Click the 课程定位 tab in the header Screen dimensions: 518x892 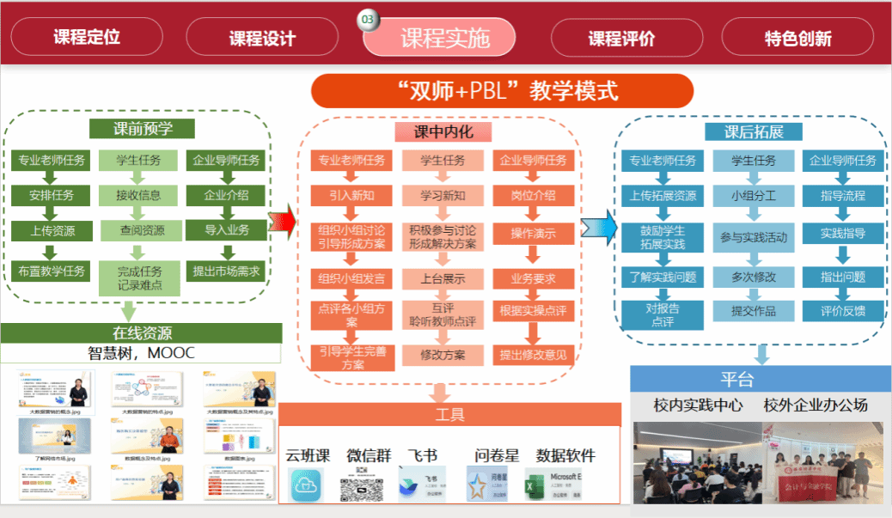pyautogui.click(x=86, y=37)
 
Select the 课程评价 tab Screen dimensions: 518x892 pyautogui.click(x=621, y=38)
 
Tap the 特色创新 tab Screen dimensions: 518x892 pyautogui.click(x=797, y=38)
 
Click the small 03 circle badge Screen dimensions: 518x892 pyautogui.click(x=369, y=19)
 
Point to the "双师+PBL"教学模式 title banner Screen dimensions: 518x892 pyautogui.click(x=502, y=90)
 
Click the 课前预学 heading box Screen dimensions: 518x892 pyautogui.click(x=142, y=129)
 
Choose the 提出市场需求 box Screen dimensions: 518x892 pyautogui.click(x=226, y=271)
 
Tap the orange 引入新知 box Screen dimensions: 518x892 pyautogui.click(x=351, y=195)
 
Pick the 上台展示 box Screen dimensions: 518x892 pyautogui.click(x=443, y=278)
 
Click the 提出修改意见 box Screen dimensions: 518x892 pyautogui.click(x=533, y=354)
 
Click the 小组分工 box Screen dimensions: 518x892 pyautogui.click(x=753, y=195)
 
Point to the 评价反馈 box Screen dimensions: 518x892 pyautogui.click(x=842, y=311)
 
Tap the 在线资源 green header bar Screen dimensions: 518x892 pyautogui.click(x=142, y=333)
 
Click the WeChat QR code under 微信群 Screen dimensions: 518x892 pyautogui.click(x=362, y=485)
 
